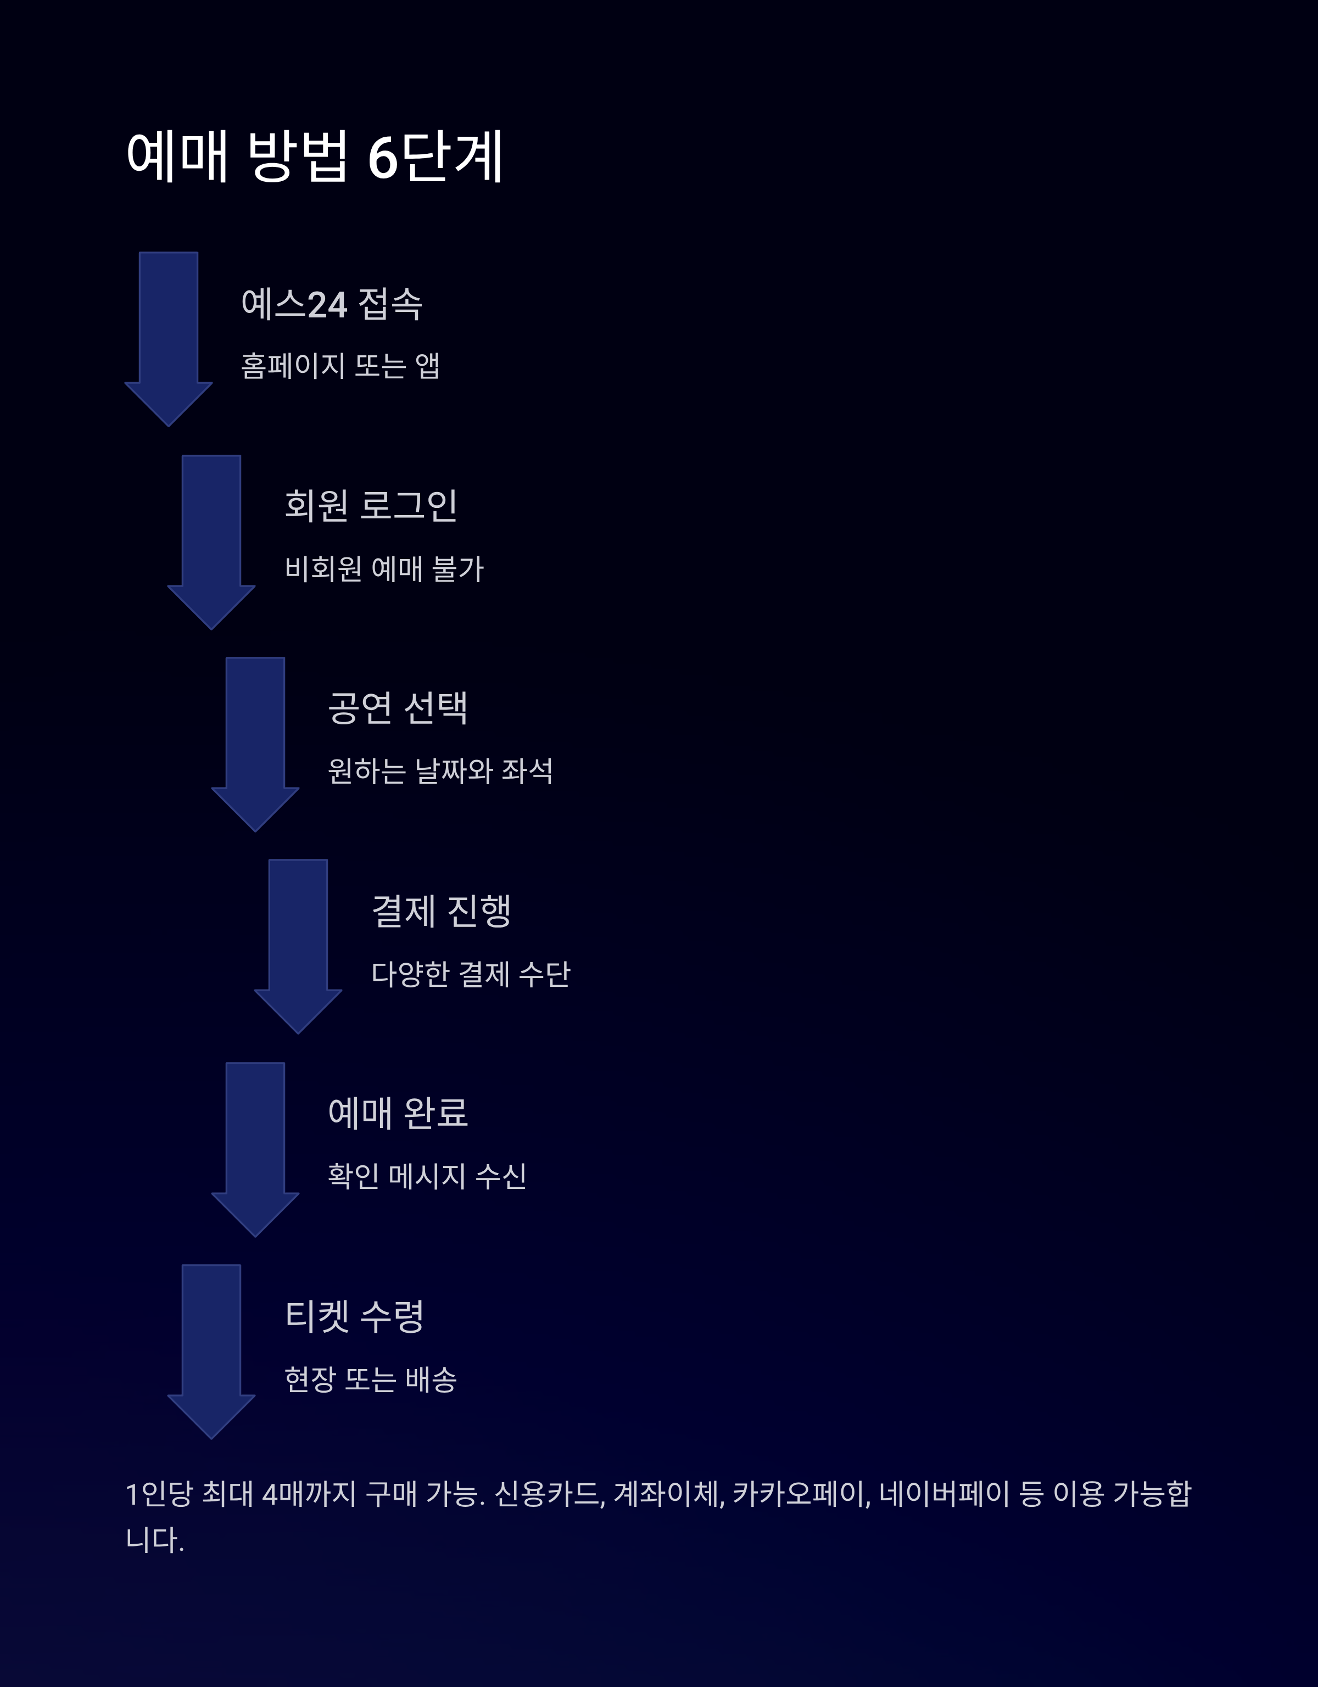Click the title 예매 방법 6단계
(x=315, y=157)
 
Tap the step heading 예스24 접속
(x=332, y=304)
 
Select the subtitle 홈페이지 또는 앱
(x=340, y=365)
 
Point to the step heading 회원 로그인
(x=371, y=506)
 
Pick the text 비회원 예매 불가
(x=384, y=568)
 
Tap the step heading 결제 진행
(x=441, y=910)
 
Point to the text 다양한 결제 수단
(x=471, y=973)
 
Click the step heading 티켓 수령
(x=355, y=1315)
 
